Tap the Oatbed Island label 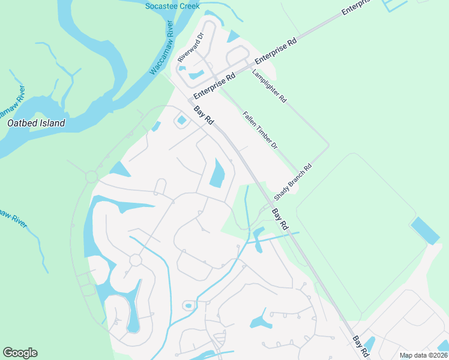(x=35, y=124)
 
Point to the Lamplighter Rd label (x=270, y=85)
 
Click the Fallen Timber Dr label (x=261, y=130)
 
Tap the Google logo (x=20, y=353)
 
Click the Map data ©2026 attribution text (x=423, y=355)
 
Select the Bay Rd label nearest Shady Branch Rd (x=280, y=219)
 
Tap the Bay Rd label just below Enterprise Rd (x=204, y=115)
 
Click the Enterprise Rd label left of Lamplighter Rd (x=212, y=87)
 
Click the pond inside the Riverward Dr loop (x=196, y=75)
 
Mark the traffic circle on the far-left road (x=92, y=177)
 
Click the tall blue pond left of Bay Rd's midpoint (x=217, y=173)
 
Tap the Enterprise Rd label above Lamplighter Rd (x=276, y=52)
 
